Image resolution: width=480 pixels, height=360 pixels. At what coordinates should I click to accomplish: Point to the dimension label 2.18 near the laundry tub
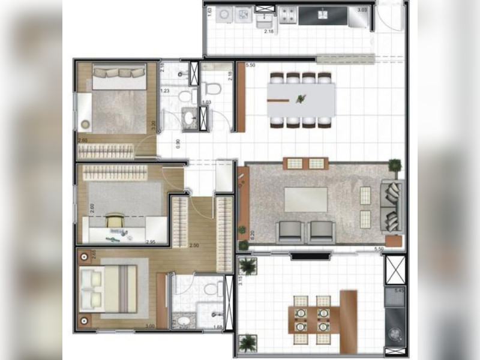pyautogui.click(x=269, y=31)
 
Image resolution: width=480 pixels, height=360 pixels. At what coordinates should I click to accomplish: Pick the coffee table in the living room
pyautogui.click(x=306, y=200)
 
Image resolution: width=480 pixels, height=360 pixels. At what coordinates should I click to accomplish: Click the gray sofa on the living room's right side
pyautogui.click(x=393, y=206)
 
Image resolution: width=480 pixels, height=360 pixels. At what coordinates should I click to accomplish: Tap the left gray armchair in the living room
pyautogui.click(x=288, y=231)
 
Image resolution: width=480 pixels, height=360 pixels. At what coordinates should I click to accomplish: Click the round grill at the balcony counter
pyautogui.click(x=395, y=332)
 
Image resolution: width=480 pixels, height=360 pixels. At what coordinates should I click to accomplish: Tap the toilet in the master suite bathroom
pyautogui.click(x=211, y=289)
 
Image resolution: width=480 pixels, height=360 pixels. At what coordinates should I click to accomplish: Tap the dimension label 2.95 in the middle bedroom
pyautogui.click(x=152, y=242)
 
